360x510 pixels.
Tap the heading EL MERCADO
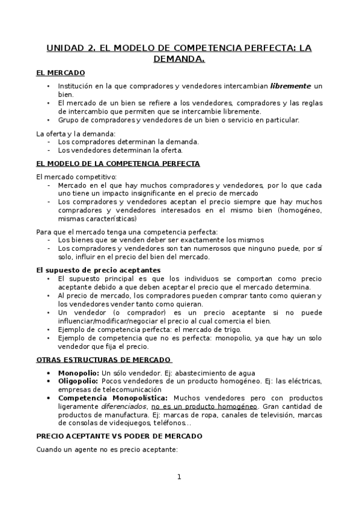61,72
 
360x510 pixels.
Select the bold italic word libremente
291,87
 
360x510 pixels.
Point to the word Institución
78,87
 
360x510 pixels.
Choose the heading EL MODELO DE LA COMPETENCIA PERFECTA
118,164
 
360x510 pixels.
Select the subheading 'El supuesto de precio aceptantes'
99,270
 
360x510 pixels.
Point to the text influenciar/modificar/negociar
107,321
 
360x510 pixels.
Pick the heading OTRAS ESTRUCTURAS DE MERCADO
104,360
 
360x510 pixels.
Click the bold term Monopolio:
79,373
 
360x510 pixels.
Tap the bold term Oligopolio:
78,381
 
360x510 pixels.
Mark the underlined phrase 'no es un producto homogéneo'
201,407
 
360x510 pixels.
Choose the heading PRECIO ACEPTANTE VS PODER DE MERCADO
120,436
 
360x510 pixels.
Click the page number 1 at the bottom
179,477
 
